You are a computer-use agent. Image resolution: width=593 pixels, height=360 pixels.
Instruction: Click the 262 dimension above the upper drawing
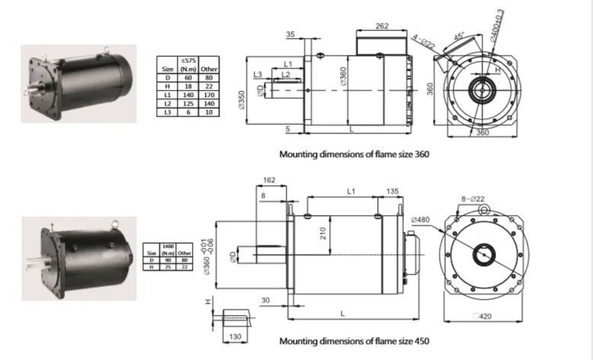[x=383, y=25]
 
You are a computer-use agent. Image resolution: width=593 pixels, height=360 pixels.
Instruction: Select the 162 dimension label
[x=268, y=182]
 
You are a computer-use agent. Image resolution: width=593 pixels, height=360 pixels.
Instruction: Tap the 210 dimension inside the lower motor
[x=325, y=233]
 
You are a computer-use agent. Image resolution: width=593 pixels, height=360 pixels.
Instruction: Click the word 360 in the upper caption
[x=422, y=154]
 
